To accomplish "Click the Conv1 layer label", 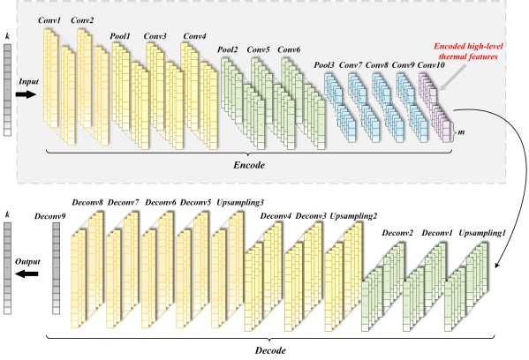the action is [x=49, y=20].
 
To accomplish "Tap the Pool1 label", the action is [x=120, y=36].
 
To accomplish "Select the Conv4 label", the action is [x=194, y=36].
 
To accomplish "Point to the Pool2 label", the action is [x=227, y=50].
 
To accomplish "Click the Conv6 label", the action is [x=289, y=50].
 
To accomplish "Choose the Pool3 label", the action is [x=324, y=64].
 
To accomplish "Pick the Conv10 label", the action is [x=431, y=64].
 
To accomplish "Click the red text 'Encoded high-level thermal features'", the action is [x=468, y=51].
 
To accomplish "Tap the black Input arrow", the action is [x=26, y=94].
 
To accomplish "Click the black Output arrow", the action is [x=27, y=274].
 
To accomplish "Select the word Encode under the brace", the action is [x=249, y=165].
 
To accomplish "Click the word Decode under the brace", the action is [x=270, y=350].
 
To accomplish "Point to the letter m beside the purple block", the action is [x=461, y=132].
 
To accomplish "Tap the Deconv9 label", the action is [x=50, y=216].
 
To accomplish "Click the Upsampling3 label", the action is [x=240, y=203].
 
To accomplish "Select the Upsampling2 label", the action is [x=353, y=216].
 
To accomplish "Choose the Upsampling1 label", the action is [x=482, y=233].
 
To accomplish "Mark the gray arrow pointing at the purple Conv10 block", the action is [x=453, y=78].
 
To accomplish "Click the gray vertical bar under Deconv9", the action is [x=56, y=268].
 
